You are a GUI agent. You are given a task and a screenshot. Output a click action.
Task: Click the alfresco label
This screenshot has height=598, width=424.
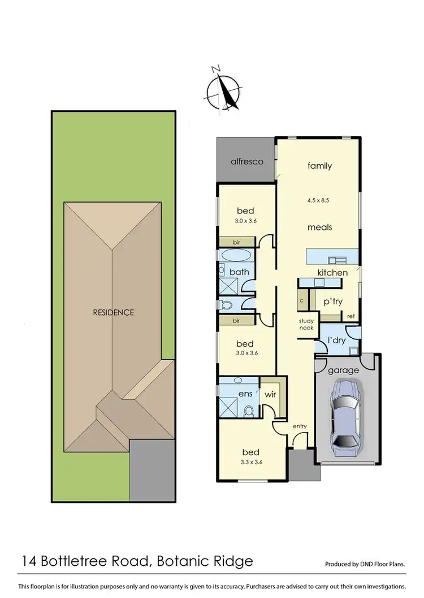click(x=247, y=161)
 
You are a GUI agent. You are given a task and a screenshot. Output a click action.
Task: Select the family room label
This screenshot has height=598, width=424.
click(x=319, y=166)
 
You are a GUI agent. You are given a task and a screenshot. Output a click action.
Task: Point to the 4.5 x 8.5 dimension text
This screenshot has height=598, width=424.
click(x=319, y=200)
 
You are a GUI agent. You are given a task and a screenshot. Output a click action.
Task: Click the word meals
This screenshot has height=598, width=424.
click(x=319, y=227)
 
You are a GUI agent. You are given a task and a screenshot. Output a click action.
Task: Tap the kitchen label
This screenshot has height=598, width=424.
click(x=332, y=273)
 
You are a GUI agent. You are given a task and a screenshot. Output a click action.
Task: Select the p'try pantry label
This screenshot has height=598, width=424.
click(x=333, y=302)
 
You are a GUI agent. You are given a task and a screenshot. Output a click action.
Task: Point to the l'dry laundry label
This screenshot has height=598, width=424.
click(x=336, y=341)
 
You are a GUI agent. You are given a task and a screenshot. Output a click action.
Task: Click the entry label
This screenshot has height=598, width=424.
click(x=299, y=426)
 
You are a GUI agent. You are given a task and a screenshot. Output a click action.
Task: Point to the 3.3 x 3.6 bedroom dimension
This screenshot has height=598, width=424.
click(x=250, y=462)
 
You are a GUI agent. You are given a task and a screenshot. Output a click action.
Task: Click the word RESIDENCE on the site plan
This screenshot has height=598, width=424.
click(x=114, y=312)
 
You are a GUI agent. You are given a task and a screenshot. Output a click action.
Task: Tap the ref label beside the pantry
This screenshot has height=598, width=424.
click(x=351, y=316)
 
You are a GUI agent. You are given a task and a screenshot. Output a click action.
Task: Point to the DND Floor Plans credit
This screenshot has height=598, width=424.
click(x=365, y=564)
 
